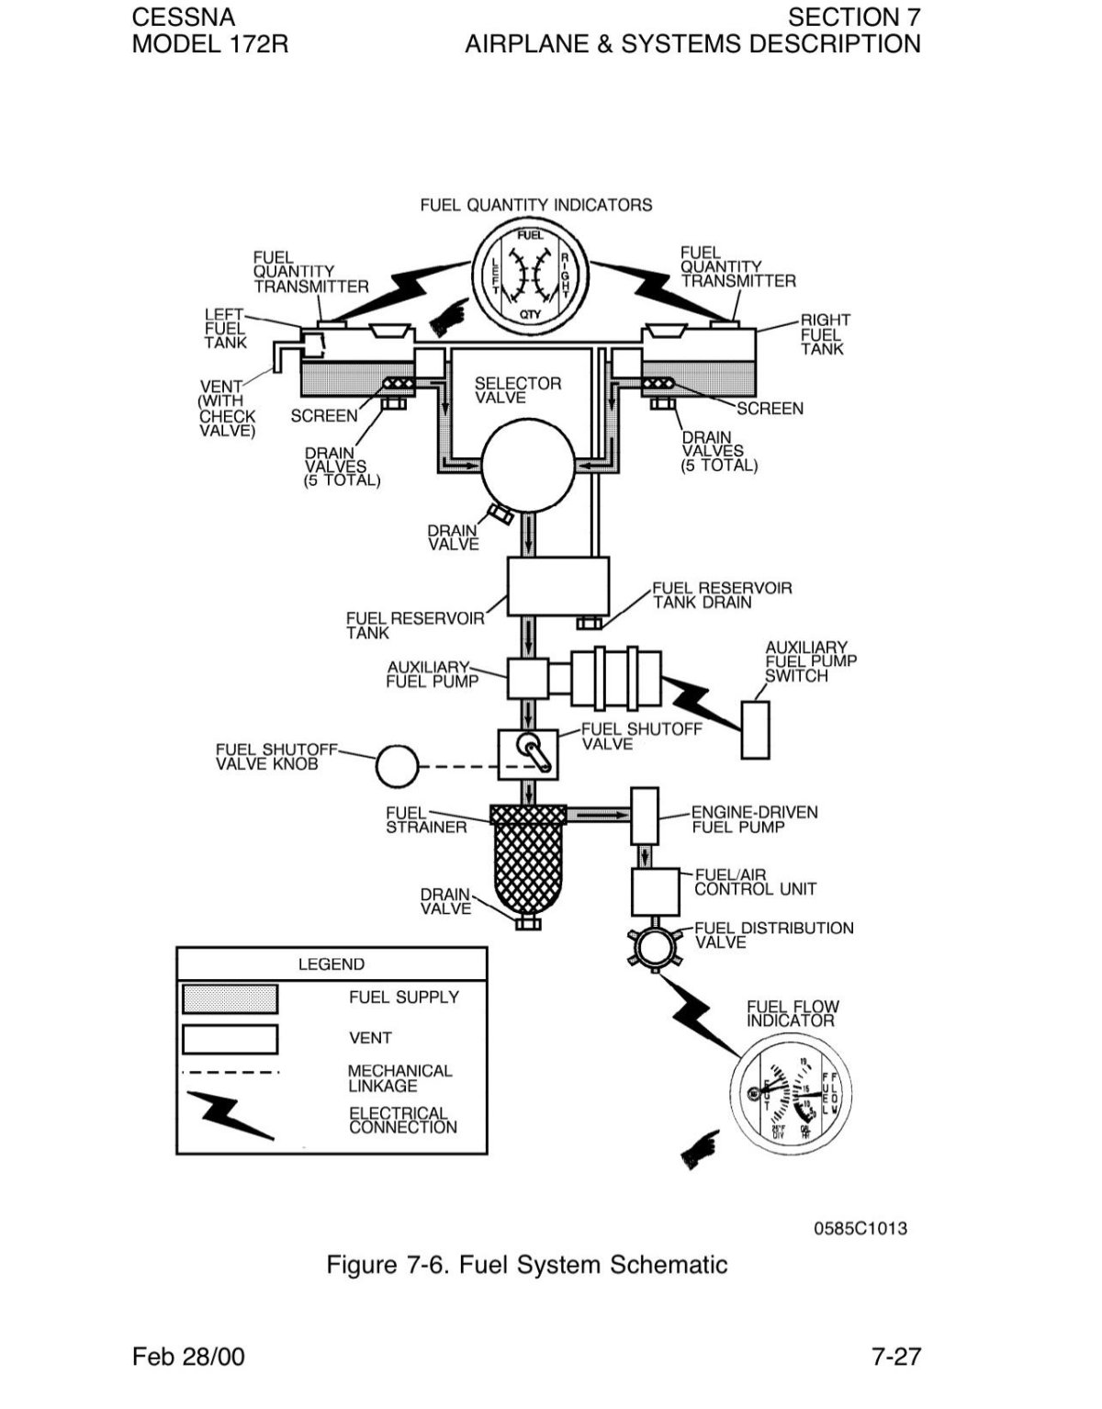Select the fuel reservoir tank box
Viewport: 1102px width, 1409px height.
click(558, 586)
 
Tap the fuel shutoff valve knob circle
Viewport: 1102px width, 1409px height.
click(398, 766)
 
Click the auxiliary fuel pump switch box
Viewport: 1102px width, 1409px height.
click(755, 729)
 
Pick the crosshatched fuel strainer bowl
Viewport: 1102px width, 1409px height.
click(528, 862)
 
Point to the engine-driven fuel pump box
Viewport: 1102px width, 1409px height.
click(645, 816)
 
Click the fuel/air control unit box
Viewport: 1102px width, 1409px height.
click(656, 891)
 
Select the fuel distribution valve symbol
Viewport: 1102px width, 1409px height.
click(653, 948)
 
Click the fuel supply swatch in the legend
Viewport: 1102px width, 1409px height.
click(230, 998)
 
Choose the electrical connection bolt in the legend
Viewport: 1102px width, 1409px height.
click(230, 1112)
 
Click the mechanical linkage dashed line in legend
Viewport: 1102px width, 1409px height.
click(230, 1072)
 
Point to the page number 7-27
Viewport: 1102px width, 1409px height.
click(895, 1357)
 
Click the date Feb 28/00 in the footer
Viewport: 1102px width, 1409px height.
click(188, 1357)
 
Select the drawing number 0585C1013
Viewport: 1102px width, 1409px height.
click(860, 1228)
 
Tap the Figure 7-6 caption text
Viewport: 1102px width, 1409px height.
click(527, 1265)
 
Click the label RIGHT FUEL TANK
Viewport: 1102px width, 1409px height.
click(824, 334)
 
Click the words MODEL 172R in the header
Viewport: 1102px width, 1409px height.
click(210, 43)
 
